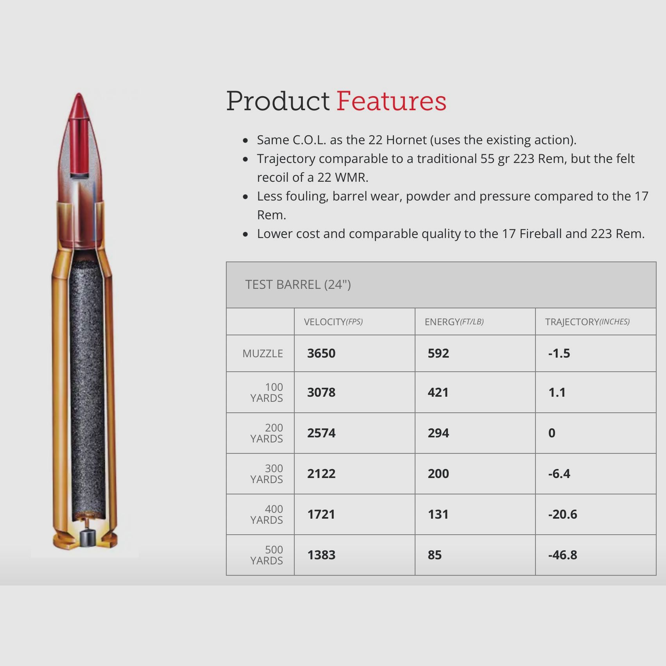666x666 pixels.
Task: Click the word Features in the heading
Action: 391,101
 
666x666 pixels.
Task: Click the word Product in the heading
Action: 278,101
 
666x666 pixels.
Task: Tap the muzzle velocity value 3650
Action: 321,353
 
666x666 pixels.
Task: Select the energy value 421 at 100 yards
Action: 438,392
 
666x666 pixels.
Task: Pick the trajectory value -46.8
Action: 562,555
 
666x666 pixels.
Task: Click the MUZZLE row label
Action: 262,354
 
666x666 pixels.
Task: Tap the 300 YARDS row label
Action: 267,474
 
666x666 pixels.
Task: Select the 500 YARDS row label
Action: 267,555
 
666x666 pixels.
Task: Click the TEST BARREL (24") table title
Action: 298,285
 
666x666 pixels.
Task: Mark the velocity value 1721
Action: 321,514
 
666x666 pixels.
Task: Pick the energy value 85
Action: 435,555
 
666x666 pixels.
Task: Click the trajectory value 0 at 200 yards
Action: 551,433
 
